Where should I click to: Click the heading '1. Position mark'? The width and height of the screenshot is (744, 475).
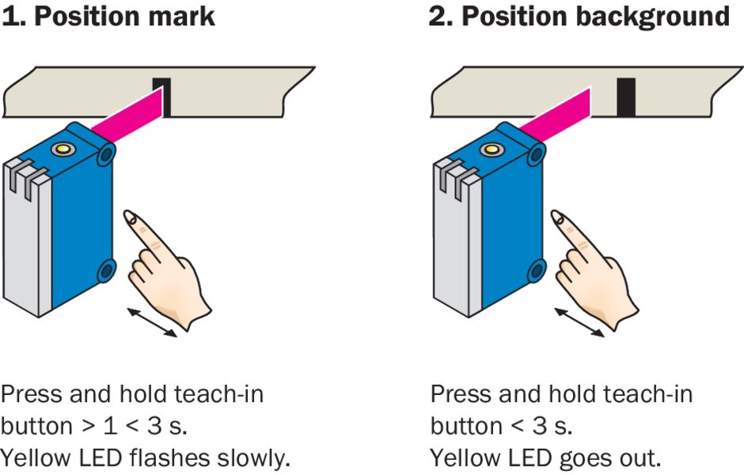pyautogui.click(x=108, y=17)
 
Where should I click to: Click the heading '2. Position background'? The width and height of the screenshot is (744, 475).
pyautogui.click(x=579, y=17)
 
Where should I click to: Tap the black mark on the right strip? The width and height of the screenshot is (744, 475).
pyautogui.click(x=626, y=97)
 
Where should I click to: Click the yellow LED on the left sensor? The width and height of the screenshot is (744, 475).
pyautogui.click(x=61, y=148)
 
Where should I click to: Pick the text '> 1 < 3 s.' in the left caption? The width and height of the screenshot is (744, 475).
pyautogui.click(x=135, y=426)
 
